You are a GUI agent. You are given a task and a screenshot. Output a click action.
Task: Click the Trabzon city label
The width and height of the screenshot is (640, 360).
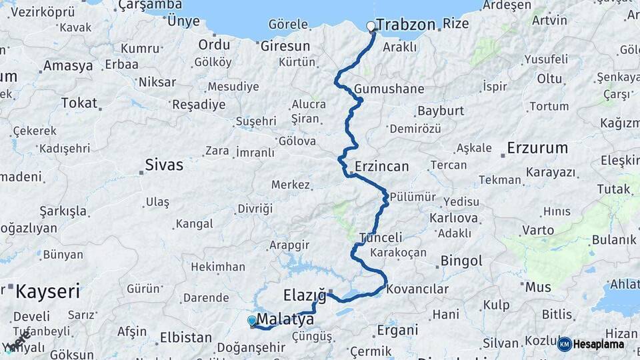point(405,25)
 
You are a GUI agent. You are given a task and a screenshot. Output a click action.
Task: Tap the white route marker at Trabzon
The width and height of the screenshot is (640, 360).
point(371,27)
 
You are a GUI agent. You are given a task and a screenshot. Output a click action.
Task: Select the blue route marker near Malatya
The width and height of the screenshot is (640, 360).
point(251,321)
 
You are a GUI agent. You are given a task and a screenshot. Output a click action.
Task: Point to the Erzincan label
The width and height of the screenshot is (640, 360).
point(381,166)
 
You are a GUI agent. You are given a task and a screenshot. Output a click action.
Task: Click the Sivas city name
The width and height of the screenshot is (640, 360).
point(164,165)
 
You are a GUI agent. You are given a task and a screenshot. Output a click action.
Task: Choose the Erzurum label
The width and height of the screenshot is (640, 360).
point(537,147)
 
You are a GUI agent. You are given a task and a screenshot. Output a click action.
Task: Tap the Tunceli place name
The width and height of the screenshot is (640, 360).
point(381,237)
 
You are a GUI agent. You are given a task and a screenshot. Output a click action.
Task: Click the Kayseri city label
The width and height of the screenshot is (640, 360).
point(47,291)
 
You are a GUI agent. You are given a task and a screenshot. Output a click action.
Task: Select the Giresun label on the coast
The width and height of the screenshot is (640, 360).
point(285,46)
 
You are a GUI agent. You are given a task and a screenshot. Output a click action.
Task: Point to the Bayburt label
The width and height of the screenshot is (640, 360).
point(441,111)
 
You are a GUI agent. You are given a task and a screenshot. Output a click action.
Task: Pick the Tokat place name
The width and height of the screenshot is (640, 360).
point(79,103)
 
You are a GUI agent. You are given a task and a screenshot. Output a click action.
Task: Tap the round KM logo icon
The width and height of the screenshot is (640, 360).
point(564,344)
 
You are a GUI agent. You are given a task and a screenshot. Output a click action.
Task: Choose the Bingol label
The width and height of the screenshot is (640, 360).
point(461,261)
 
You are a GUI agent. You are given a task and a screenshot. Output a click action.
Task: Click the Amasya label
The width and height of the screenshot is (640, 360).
point(68,66)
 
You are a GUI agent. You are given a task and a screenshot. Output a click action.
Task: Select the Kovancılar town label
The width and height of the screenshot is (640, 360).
point(417,289)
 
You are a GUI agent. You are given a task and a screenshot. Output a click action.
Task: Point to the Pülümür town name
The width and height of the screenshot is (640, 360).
point(413,197)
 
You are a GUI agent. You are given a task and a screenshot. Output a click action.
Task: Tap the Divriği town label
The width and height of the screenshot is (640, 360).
point(255,209)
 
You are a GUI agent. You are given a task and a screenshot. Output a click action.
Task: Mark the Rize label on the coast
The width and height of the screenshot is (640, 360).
point(456,25)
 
